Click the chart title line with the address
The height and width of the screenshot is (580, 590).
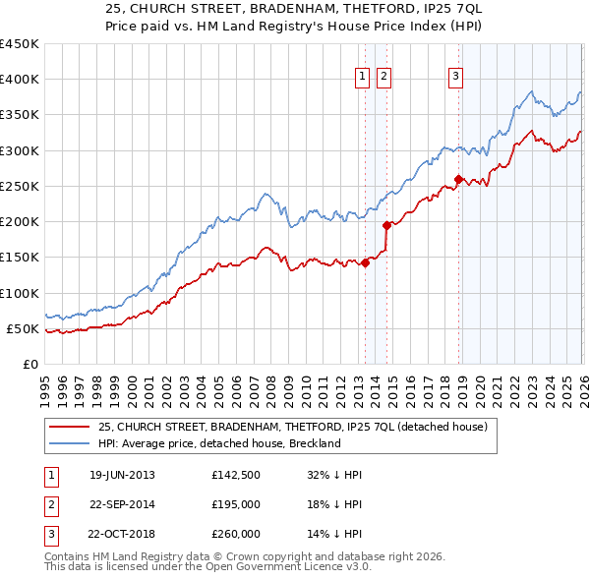click(x=294, y=9)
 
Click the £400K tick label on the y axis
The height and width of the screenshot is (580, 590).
click(x=20, y=80)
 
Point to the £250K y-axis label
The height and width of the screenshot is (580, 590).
click(x=20, y=186)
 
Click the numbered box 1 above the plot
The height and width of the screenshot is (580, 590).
click(x=362, y=78)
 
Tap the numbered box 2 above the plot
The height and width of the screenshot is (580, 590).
click(x=383, y=78)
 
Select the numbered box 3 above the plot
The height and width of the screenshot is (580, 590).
click(x=456, y=78)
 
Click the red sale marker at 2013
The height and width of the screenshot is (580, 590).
click(x=365, y=262)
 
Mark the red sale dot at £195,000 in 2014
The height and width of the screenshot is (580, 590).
click(x=386, y=225)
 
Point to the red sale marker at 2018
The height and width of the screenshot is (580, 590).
click(x=458, y=179)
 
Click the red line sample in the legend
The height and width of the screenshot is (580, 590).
click(x=70, y=428)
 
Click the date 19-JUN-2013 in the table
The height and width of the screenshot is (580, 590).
click(x=122, y=475)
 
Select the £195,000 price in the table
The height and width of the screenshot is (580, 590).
click(x=236, y=504)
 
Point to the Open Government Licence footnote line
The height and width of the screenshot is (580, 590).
click(x=207, y=566)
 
